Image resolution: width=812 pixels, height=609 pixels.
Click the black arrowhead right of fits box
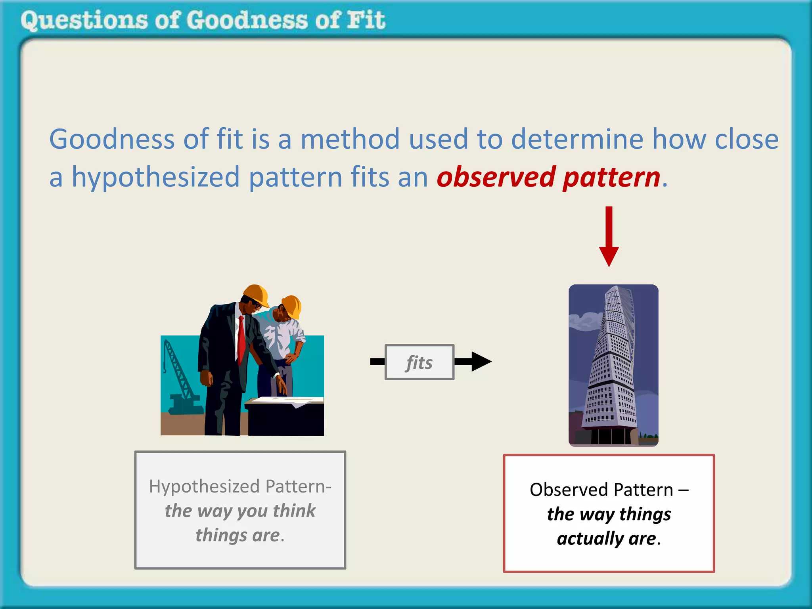click(481, 361)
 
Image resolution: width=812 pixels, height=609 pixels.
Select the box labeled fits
click(419, 362)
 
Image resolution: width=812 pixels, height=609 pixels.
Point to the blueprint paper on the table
click(287, 400)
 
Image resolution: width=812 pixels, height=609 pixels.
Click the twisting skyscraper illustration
click(613, 365)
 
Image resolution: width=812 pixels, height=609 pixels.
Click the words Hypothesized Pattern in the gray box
click(240, 486)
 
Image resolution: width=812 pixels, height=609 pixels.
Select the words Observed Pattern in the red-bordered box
click(601, 490)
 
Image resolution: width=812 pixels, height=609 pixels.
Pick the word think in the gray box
click(294, 511)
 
